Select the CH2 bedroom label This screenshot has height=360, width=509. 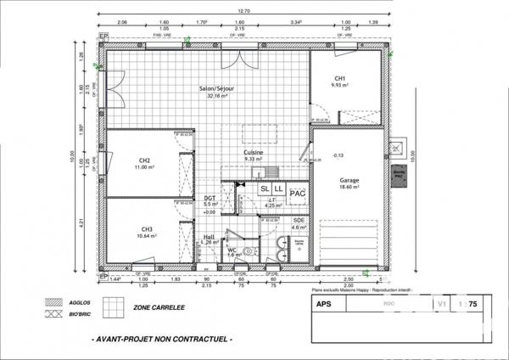pyautogui.click(x=145, y=161)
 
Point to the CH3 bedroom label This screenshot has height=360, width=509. pyautogui.click(x=147, y=230)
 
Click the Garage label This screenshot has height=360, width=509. pyautogui.click(x=350, y=181)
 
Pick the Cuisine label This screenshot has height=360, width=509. pyautogui.click(x=253, y=153)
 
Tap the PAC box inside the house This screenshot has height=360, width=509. pyautogui.click(x=297, y=194)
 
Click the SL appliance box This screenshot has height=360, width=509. pyautogui.click(x=266, y=188)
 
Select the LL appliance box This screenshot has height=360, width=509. pyautogui.click(x=278, y=188)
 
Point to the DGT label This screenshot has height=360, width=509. pyautogui.click(x=210, y=199)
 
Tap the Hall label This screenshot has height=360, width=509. pyautogui.click(x=210, y=237)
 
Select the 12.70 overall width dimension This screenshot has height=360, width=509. pyautogui.click(x=243, y=13)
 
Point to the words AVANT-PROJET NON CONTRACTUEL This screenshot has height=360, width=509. pyautogui.click(x=160, y=339)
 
